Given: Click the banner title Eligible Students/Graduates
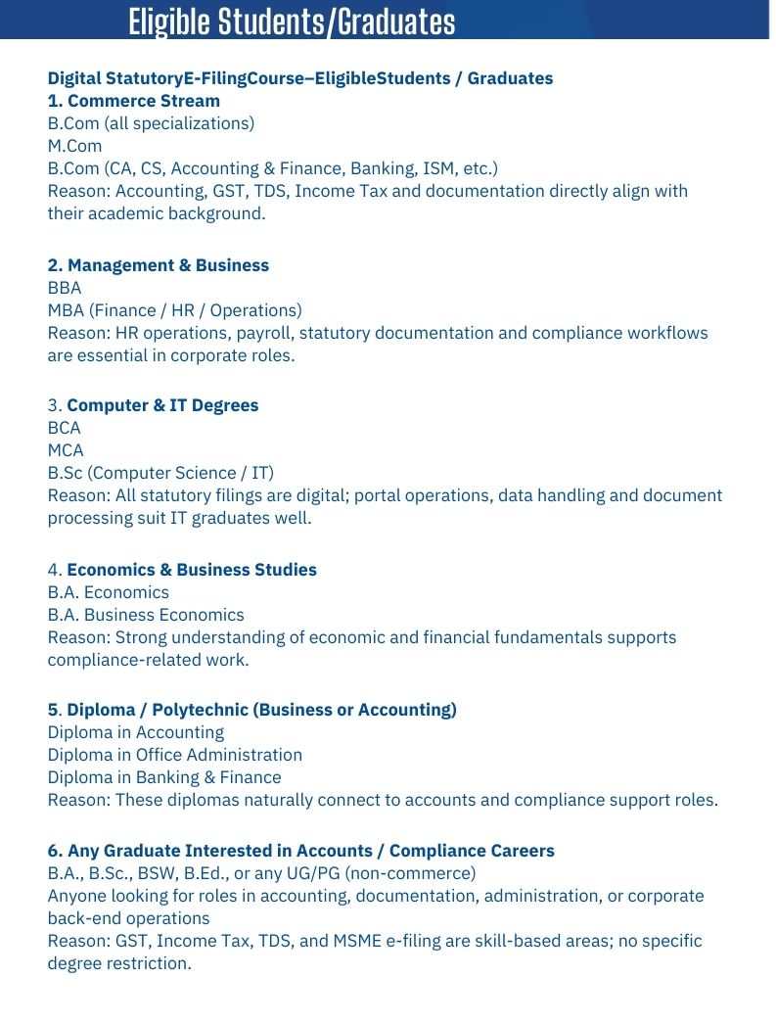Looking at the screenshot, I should pos(292,22).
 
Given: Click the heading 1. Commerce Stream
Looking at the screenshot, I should pos(134,101).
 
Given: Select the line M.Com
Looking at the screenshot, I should pos(74,146).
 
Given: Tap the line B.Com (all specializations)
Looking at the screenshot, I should pos(151,123).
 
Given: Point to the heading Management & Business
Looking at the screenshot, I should pos(167,265).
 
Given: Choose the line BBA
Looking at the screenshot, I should pos(65,288).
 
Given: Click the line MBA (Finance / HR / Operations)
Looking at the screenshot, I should pos(175,310).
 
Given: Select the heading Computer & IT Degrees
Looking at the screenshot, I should pos(162,405).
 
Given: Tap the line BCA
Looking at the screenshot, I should pos(65,428).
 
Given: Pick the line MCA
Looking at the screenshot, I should pos(66,450).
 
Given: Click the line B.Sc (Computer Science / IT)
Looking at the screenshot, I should pos(160,473).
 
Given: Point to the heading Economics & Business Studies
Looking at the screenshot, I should pos(192,570).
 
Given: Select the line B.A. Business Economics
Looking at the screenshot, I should pos(146,615).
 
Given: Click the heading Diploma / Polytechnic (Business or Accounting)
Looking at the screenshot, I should pos(261,710).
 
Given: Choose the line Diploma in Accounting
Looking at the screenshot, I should pos(136,732).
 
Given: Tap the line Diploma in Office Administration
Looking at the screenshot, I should pos(175,755).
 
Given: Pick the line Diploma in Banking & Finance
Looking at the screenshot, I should pos(164,777).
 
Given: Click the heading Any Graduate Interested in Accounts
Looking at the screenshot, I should pos(300,851).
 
